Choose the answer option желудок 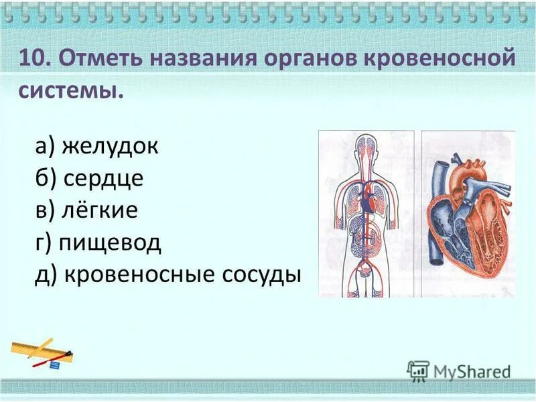click(111, 147)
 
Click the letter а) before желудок click(46, 147)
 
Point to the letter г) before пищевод click(44, 243)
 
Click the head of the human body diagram click(366, 147)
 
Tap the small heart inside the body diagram click(366, 199)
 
